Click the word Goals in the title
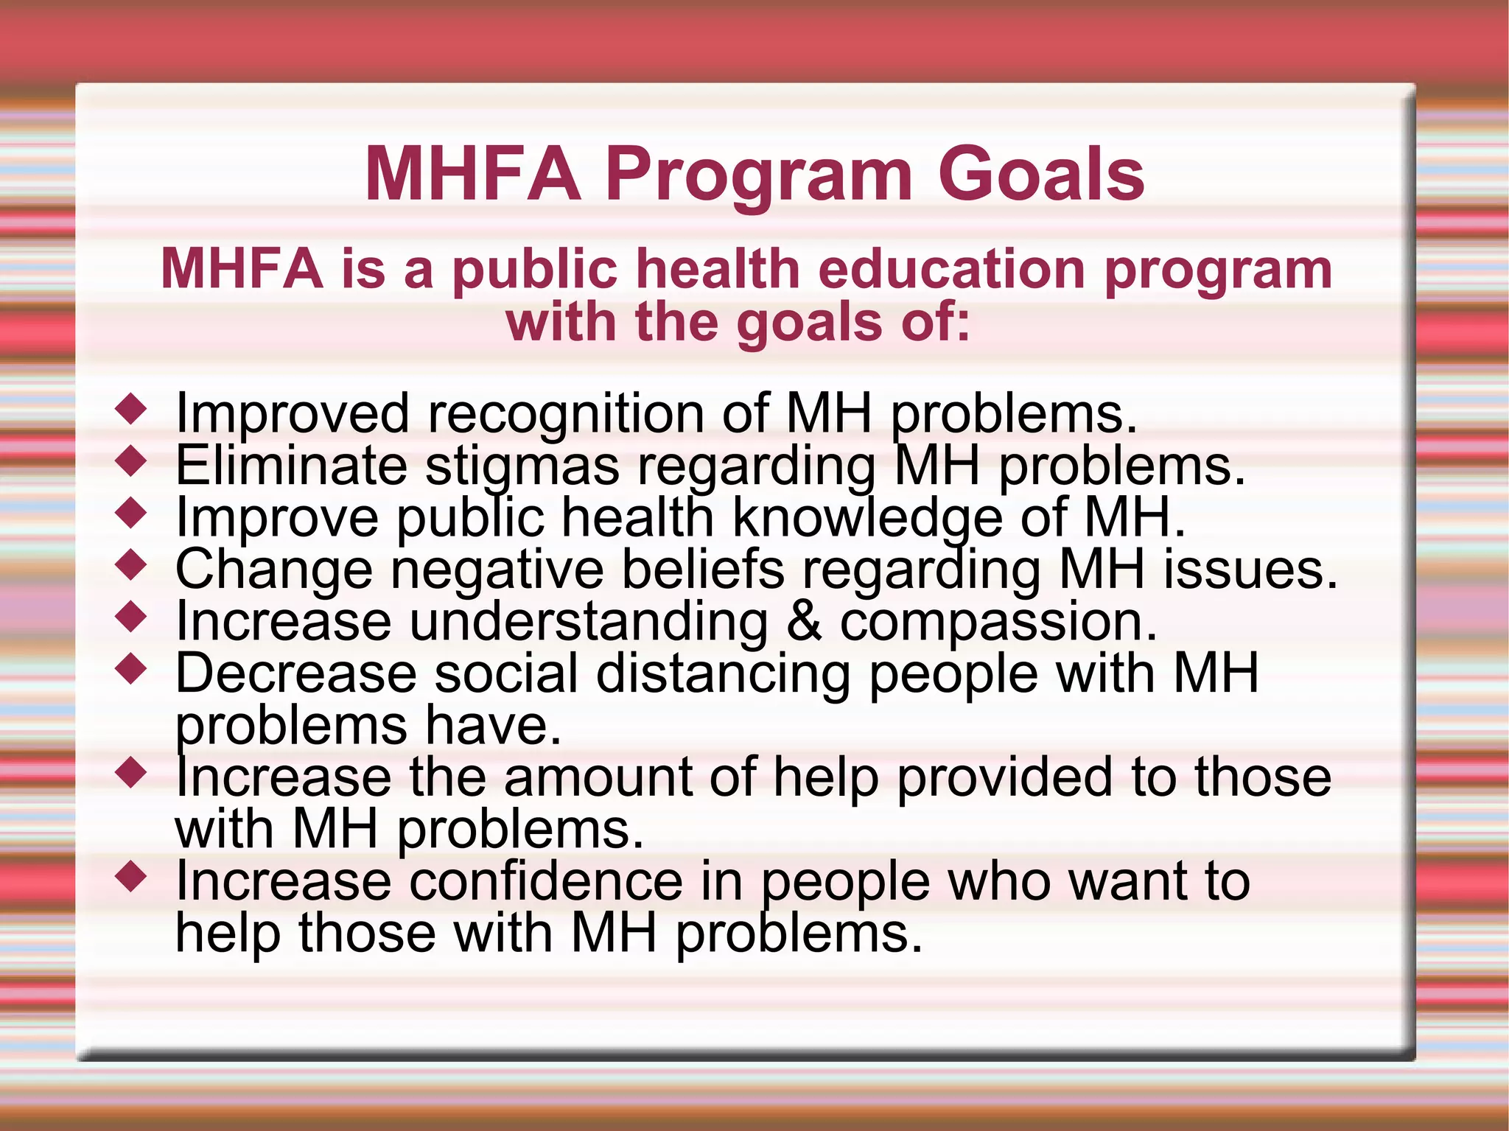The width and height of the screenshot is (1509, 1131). coord(1041,175)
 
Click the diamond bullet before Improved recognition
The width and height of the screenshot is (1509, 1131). coord(132,410)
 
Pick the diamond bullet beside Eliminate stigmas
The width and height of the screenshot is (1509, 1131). coord(132,462)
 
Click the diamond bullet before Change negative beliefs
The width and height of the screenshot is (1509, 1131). coord(132,566)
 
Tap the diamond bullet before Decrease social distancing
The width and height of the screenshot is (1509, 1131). coord(132,670)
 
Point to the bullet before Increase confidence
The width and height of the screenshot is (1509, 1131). coord(132,878)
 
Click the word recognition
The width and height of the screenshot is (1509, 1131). coord(566,414)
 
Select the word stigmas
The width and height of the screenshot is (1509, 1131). coord(522,467)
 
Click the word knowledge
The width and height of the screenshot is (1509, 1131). coord(867,519)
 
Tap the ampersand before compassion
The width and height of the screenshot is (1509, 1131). coord(804,621)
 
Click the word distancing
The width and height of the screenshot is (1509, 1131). coord(723,675)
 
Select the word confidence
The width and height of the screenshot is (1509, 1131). coord(546,881)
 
